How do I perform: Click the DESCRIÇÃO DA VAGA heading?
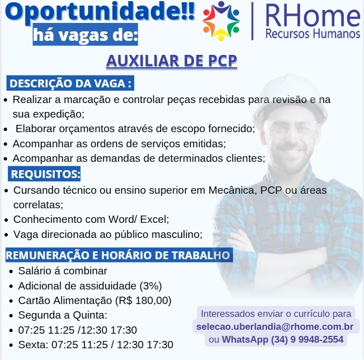pos(71,83)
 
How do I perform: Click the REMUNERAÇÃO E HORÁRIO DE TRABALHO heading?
pos(118,256)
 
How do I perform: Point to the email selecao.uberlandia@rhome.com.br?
pos(275,326)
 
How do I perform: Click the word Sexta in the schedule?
pos(32,344)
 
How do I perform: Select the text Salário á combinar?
pos(62,271)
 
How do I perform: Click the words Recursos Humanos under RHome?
pos(313,34)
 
